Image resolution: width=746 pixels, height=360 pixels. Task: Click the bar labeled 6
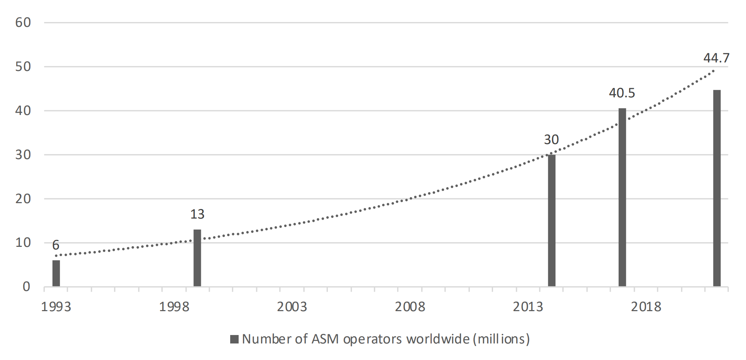pos(56,273)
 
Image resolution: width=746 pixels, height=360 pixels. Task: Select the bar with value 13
pos(197,258)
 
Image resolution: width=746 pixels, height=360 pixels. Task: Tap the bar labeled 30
pos(551,220)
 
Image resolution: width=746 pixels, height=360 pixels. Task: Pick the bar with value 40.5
pos(622,197)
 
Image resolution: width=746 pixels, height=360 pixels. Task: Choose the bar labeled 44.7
pos(717,188)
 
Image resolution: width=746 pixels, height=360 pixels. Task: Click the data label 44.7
pos(716,58)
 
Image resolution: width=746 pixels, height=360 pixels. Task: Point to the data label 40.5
pos(622,93)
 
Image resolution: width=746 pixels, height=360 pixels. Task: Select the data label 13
pos(197,214)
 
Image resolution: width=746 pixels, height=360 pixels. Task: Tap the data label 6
pos(56,245)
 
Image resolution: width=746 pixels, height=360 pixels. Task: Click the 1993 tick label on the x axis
pos(56,307)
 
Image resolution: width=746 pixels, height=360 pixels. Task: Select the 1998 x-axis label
pos(174,307)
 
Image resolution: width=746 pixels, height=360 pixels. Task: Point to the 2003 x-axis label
pos(292,307)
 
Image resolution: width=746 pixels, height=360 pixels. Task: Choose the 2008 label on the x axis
pos(410,307)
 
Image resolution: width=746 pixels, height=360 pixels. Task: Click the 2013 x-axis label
pos(528,307)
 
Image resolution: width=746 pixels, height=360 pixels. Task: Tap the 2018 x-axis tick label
pos(646,307)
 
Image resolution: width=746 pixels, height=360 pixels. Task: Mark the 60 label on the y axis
pos(23,23)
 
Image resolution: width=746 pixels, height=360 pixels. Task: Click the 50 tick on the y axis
pos(23,67)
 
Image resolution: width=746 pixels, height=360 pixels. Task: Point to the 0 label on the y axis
pos(26,287)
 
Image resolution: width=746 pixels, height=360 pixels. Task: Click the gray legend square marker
pos(234,339)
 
